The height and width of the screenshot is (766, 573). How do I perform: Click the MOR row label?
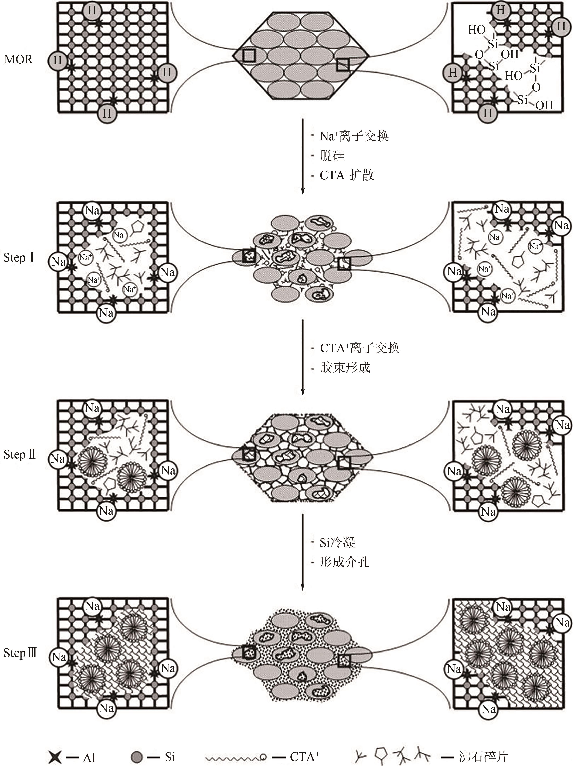point(18,60)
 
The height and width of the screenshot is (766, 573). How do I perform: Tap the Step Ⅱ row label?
point(20,454)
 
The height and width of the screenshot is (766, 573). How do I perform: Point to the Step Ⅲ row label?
point(20,653)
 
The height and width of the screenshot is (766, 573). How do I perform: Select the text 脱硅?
point(332,156)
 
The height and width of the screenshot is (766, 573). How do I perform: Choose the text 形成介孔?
point(345,562)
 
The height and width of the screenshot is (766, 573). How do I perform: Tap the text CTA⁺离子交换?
point(360,348)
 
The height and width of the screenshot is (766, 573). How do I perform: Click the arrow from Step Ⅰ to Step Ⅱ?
point(303,357)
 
